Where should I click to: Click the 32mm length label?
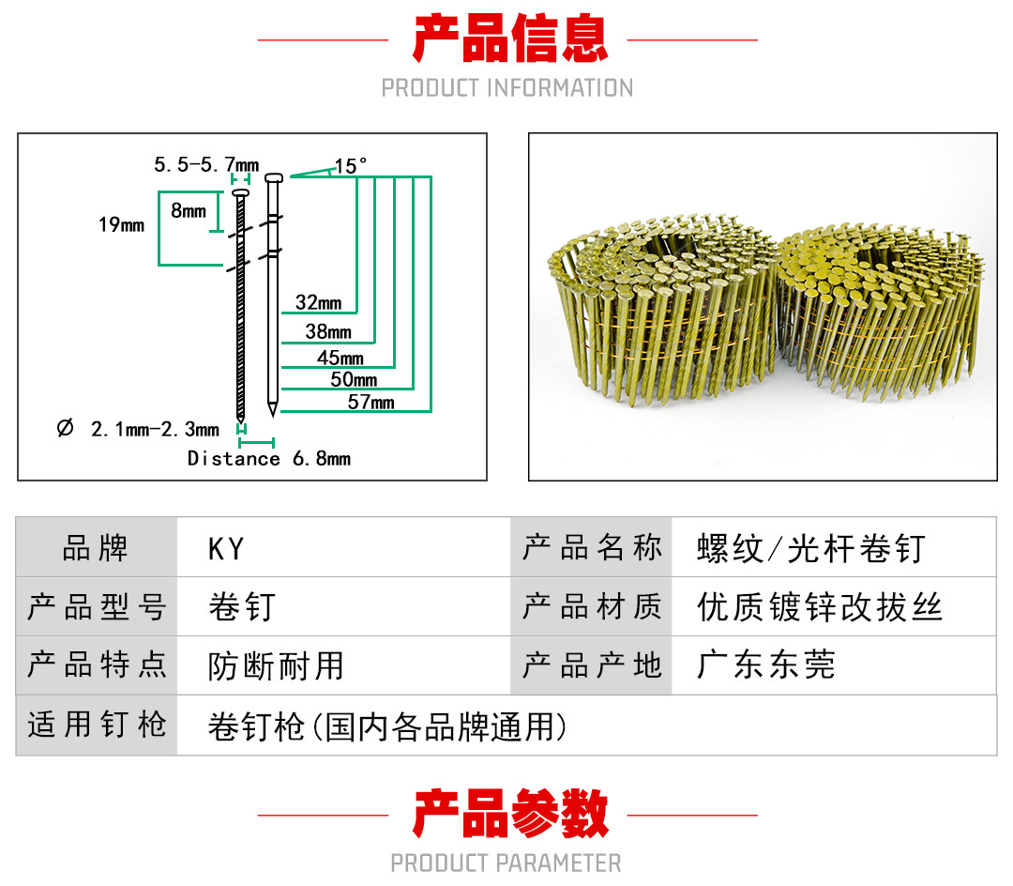point(319,302)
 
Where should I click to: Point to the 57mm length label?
point(370,402)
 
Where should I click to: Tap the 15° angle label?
point(351,166)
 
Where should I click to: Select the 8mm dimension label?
point(189,210)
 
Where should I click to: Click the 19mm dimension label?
point(121,225)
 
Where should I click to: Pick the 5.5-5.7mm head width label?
point(206,165)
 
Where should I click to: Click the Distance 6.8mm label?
point(269,458)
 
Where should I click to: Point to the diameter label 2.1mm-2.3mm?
point(138,429)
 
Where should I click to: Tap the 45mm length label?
point(340,358)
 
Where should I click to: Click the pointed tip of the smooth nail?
point(273,416)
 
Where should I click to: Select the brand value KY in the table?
point(226,549)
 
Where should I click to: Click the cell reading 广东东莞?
point(767,665)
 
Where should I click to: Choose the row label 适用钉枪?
point(97,725)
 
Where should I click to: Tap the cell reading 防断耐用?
point(276,666)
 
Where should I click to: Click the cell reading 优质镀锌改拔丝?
point(820,607)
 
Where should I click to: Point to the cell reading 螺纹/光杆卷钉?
point(811,549)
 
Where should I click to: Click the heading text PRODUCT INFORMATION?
point(507,88)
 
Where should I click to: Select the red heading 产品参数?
point(510,813)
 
